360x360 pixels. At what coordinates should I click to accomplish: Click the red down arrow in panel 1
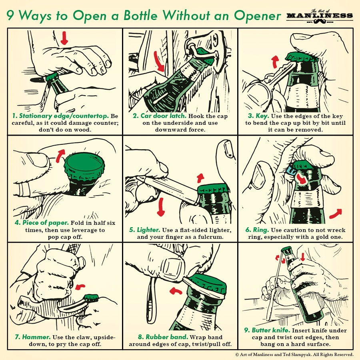pos(64,38)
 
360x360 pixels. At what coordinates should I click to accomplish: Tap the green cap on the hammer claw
pos(92,297)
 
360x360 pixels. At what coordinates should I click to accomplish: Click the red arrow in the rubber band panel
pos(176,290)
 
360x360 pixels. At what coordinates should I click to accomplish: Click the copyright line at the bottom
pos(294,354)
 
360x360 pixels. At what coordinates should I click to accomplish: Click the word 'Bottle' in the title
pos(146,16)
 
